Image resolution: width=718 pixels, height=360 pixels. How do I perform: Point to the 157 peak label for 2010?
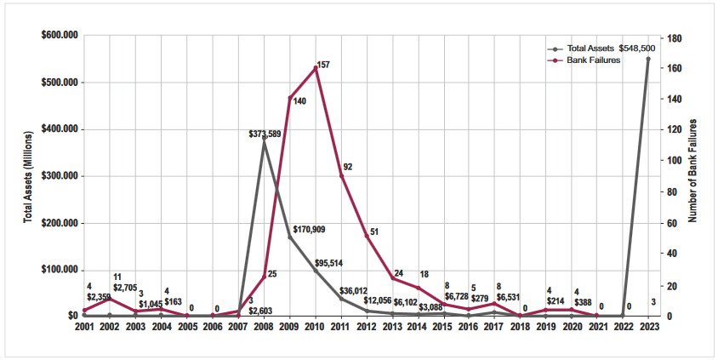[x=322, y=65]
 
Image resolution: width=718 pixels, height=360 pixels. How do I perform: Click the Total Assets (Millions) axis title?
[x=27, y=177]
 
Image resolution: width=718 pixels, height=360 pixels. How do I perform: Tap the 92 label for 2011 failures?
[x=348, y=167]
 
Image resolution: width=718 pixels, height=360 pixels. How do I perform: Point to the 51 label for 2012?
[x=374, y=231]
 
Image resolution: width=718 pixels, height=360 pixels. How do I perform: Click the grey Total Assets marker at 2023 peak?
[x=648, y=59]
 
